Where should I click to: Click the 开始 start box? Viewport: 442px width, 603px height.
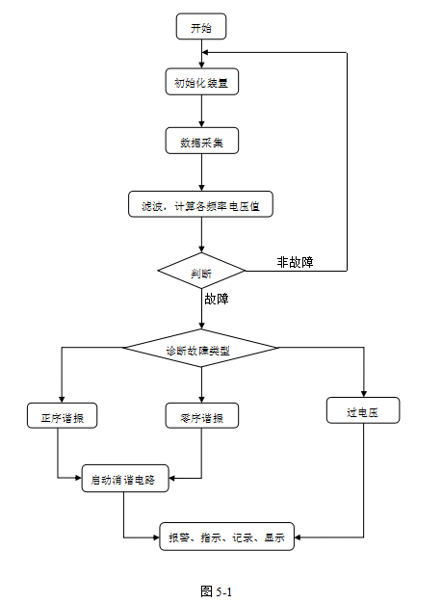pyautogui.click(x=200, y=27)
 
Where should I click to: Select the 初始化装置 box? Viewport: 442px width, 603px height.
pyautogui.click(x=200, y=83)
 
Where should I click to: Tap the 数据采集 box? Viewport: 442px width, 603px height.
pyautogui.click(x=200, y=142)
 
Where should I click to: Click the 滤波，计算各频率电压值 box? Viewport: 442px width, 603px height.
pyautogui.click(x=200, y=204)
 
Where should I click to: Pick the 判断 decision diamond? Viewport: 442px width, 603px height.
pyautogui.click(x=200, y=272)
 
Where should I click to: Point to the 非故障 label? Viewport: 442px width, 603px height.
pyautogui.click(x=295, y=261)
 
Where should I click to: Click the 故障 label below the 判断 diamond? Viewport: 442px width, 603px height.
pyautogui.click(x=217, y=299)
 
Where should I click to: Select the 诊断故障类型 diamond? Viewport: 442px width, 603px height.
pyautogui.click(x=200, y=347)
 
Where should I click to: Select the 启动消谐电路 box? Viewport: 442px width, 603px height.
pyautogui.click(x=125, y=477)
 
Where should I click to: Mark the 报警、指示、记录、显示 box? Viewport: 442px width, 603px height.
pyautogui.click(x=226, y=537)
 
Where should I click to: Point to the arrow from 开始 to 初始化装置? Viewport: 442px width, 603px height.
pyautogui.click(x=200, y=55)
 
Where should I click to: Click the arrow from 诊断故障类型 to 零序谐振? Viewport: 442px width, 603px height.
pyautogui.click(x=200, y=383)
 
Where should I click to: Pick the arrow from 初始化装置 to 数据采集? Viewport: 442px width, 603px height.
pyautogui.click(x=200, y=112)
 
